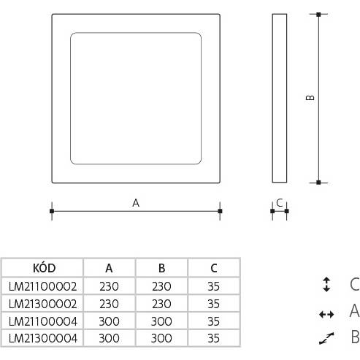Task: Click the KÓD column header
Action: click(45, 268)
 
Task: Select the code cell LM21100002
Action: click(42, 286)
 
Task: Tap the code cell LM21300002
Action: click(42, 304)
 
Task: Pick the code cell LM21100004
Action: click(43, 321)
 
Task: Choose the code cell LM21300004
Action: click(43, 338)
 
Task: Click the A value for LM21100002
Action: click(109, 286)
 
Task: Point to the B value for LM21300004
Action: click(161, 338)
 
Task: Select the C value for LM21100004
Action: click(213, 321)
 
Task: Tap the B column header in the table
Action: click(161, 268)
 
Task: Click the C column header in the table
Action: click(214, 268)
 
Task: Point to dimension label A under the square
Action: click(136, 203)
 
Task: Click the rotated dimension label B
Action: click(310, 97)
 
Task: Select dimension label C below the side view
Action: click(280, 202)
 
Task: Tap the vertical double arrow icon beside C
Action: click(326, 284)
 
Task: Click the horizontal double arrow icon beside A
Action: click(326, 315)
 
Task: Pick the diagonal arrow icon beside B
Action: click(326, 338)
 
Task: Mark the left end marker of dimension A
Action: click(52, 211)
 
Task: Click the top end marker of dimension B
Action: click(318, 15)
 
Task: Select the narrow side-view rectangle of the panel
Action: click(280, 98)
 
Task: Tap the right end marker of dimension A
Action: click(220, 211)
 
